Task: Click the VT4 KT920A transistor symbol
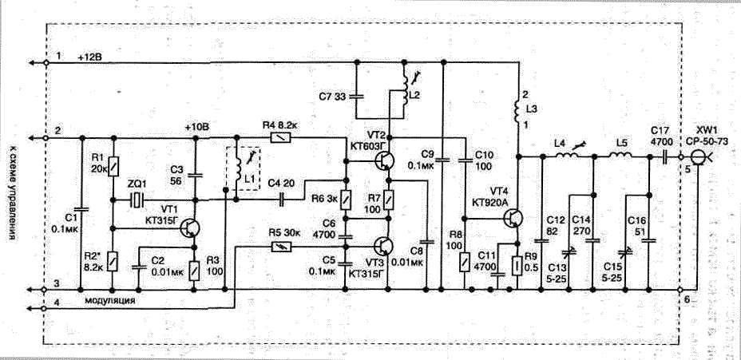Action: [x=515, y=218]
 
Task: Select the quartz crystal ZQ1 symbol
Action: [x=137, y=198]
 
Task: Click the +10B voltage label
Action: [x=196, y=127]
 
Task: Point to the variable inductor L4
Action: [x=569, y=156]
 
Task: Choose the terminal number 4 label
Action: [x=58, y=302]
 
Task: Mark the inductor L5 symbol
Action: [x=620, y=157]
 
